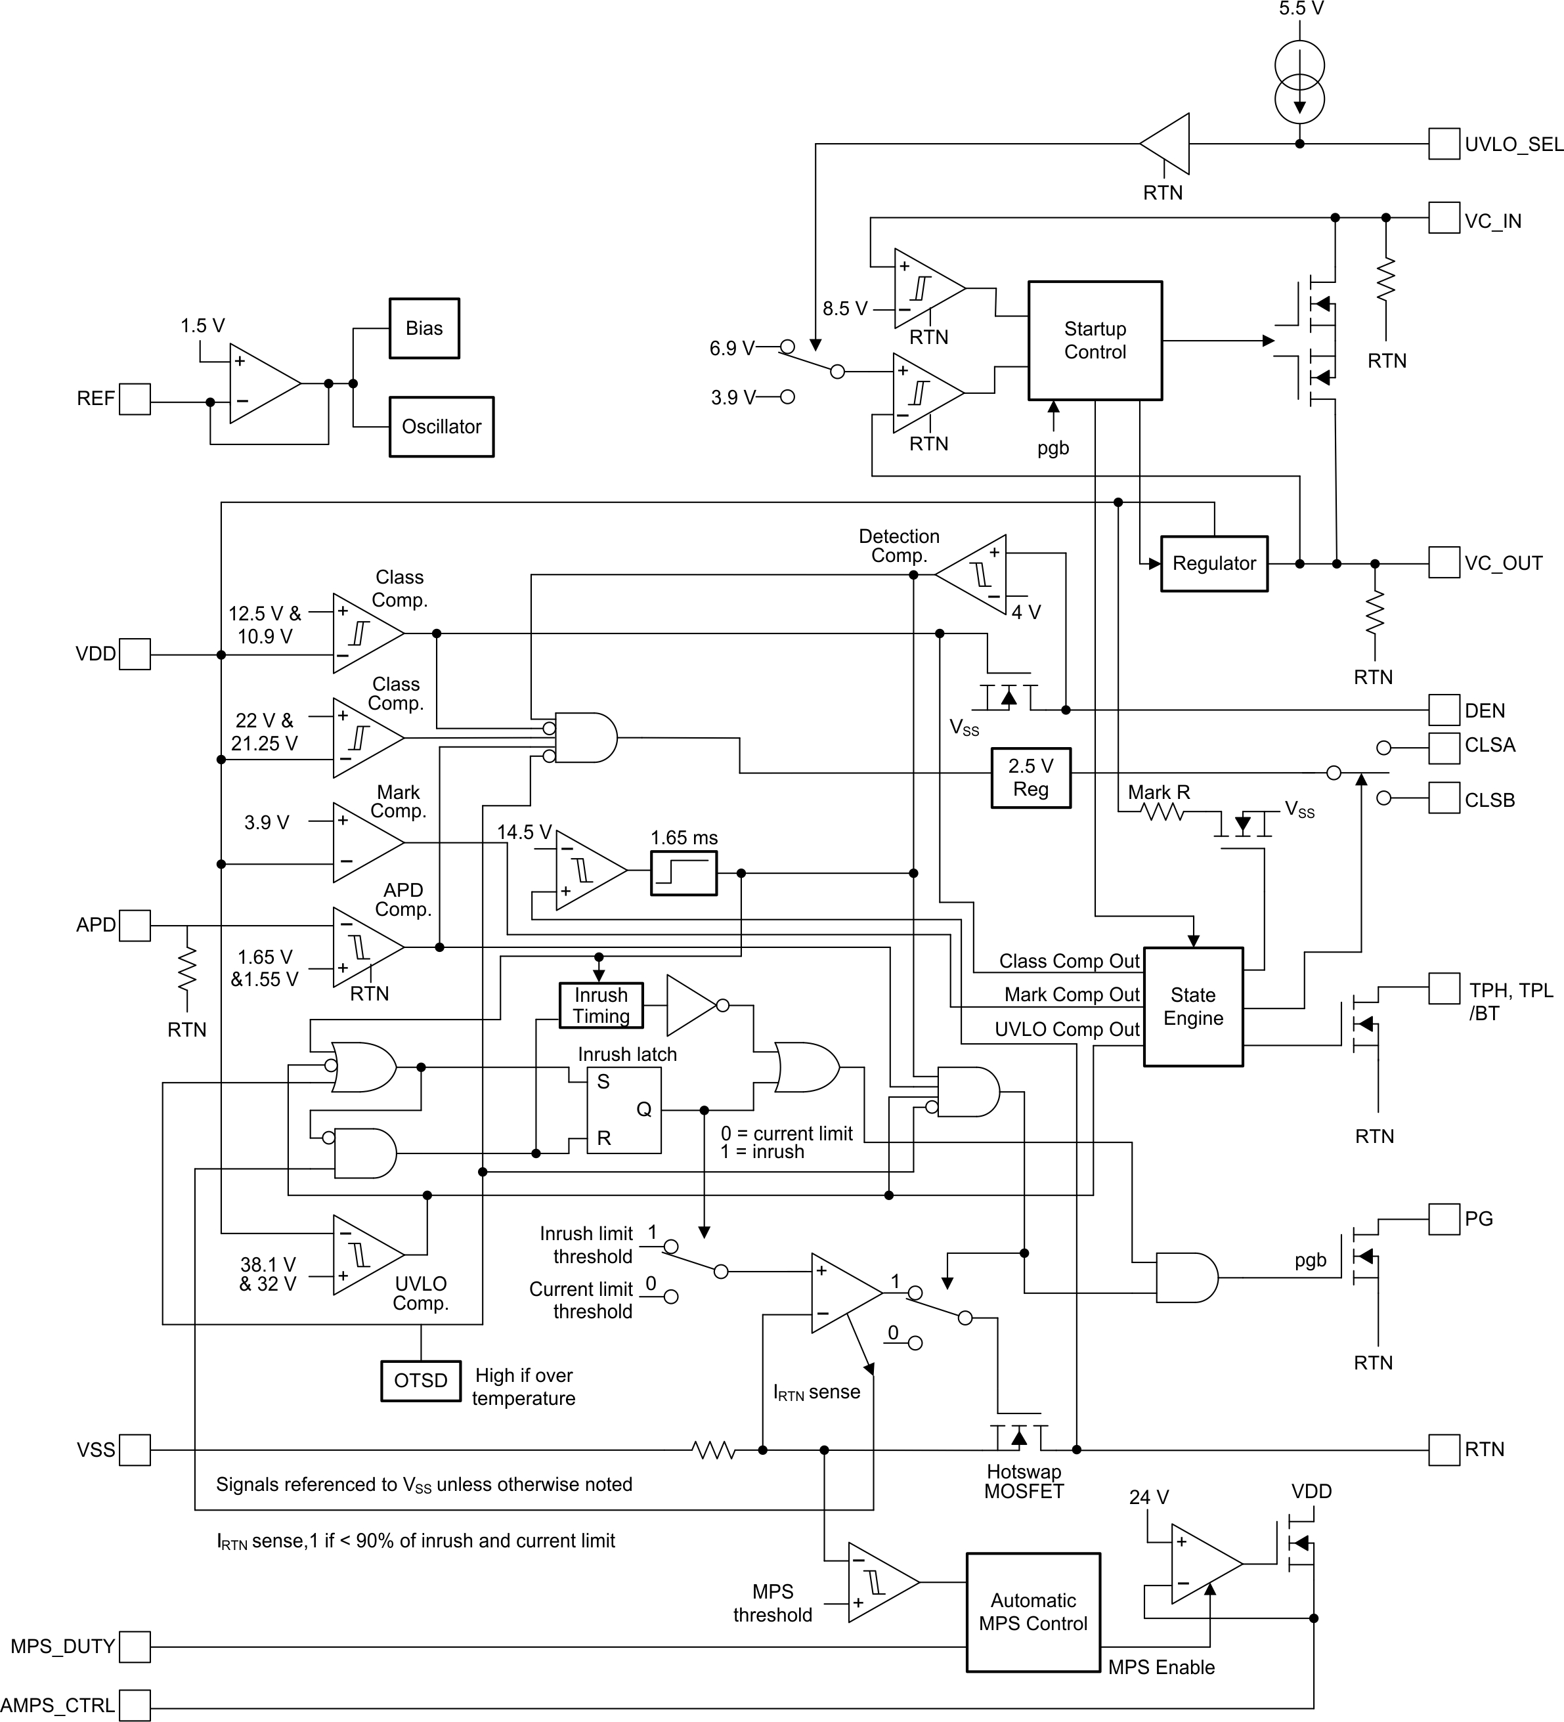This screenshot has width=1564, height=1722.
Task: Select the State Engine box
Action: [1192, 1006]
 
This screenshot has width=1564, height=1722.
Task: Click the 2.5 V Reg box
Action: [1030, 777]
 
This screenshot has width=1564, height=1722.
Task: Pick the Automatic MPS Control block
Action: [1032, 1612]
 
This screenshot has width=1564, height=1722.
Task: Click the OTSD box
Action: [420, 1381]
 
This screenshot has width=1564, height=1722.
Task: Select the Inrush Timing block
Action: [601, 1005]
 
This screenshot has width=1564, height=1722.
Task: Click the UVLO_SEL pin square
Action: [1444, 144]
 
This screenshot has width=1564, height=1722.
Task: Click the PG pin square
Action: [1444, 1219]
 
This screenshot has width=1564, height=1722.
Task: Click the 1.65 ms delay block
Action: [684, 873]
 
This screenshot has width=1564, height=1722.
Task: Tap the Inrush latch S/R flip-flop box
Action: [624, 1109]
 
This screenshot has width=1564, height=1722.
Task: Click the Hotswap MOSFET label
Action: [1024, 1481]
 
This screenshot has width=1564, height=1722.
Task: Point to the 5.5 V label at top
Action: [1300, 9]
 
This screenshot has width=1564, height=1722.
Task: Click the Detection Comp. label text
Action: [899, 546]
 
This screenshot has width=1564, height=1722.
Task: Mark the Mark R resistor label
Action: [1158, 792]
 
